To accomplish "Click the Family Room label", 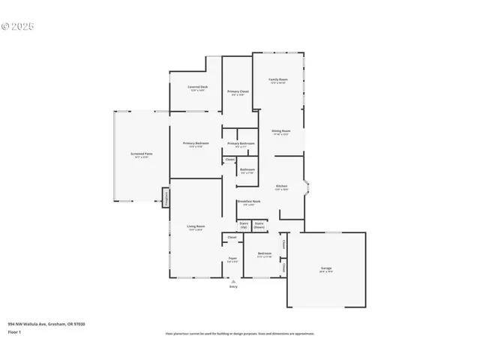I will point(278,79).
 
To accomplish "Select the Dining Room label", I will point(280,130).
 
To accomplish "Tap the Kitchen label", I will point(281,186).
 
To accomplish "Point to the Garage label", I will point(326,268).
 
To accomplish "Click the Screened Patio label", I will point(141,154).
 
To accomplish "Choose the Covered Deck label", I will point(198,87).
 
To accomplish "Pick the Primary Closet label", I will point(238,91).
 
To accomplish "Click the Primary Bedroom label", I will point(196,143).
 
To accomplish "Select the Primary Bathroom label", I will point(240,143).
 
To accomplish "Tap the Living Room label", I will point(196,226).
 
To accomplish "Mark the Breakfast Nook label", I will point(249,202).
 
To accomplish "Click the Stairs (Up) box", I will point(244,224).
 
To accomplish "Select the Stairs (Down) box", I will point(259,224).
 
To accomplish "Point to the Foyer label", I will point(232,259).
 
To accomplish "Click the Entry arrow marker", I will point(232,282).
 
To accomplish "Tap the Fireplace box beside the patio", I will point(166,196).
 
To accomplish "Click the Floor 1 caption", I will point(15,331).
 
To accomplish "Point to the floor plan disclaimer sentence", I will point(240,333).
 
